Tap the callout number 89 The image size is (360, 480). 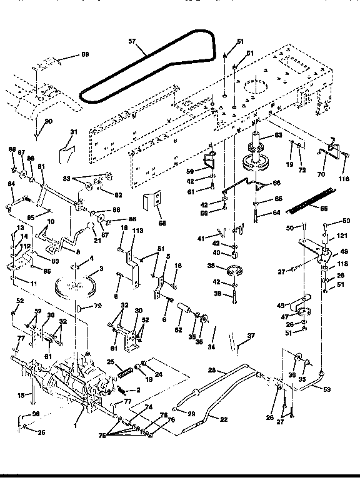pyautogui.click(x=85, y=55)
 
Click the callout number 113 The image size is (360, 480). pyautogui.click(x=138, y=231)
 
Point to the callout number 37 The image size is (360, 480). pyautogui.click(x=251, y=336)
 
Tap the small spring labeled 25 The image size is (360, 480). pyautogui.click(x=125, y=367)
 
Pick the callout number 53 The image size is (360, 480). pyautogui.click(x=326, y=390)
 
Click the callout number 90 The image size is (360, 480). pyautogui.click(x=49, y=120)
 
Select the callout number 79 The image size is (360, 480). pyautogui.click(x=98, y=306)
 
